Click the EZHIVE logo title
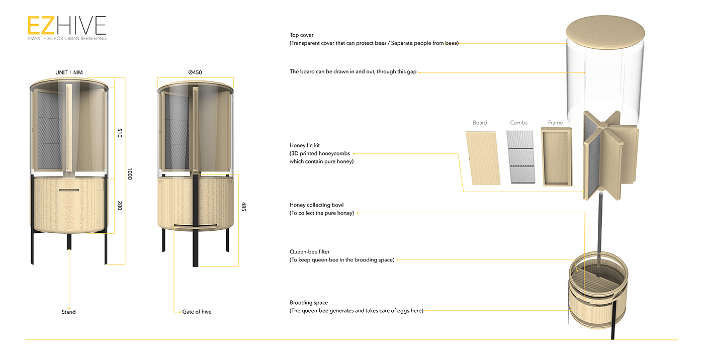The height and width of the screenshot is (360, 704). pos(67,25)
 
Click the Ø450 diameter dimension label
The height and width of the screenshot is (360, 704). pos(195,72)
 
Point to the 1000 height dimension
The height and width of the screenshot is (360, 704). pos(130,174)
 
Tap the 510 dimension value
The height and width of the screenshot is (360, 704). pos(120,133)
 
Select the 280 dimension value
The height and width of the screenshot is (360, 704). pos(120,205)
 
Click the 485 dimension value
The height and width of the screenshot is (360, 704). pos(244,207)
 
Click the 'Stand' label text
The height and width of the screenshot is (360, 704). pos(68,312)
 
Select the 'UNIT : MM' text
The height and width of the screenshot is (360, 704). pos(69,72)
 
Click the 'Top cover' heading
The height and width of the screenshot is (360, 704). pos(301,35)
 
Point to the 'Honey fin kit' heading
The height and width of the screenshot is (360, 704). pos(305,145)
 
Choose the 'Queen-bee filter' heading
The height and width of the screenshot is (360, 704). pos(310,251)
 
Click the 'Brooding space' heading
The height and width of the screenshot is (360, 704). pos(309,303)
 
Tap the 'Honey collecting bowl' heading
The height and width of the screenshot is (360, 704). pos(316,205)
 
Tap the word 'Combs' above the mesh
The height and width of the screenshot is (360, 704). pos(519,123)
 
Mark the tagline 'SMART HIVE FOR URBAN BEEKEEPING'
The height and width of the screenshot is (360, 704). pos(67,38)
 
